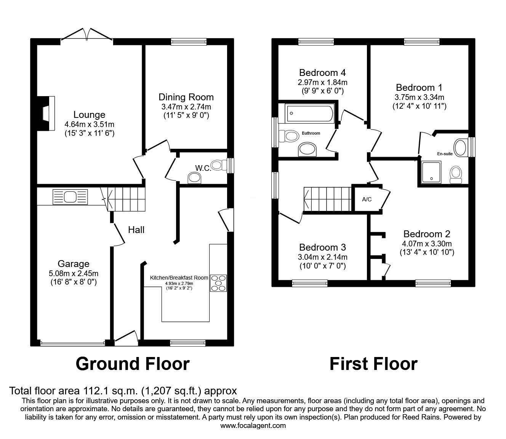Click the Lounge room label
pos(90,115)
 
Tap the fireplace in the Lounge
pos(46,113)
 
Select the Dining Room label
pos(186,97)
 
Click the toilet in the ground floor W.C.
pos(219,165)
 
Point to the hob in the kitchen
pos(218,283)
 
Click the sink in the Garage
pos(70,196)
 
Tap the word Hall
pos(136,230)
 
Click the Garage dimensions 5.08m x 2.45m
pos(74,273)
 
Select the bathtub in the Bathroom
pos(310,113)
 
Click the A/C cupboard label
pos(367,199)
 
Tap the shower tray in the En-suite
pos(431,172)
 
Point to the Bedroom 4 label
pos(322,73)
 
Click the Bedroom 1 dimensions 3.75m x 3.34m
pos(420,97)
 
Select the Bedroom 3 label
pos(322,247)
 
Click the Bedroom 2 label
pos(427,234)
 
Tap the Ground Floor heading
pos(133,364)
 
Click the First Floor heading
pos(373,364)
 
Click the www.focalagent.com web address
pos(253,433)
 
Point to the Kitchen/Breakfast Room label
pos(179,278)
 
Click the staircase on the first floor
pos(328,199)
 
